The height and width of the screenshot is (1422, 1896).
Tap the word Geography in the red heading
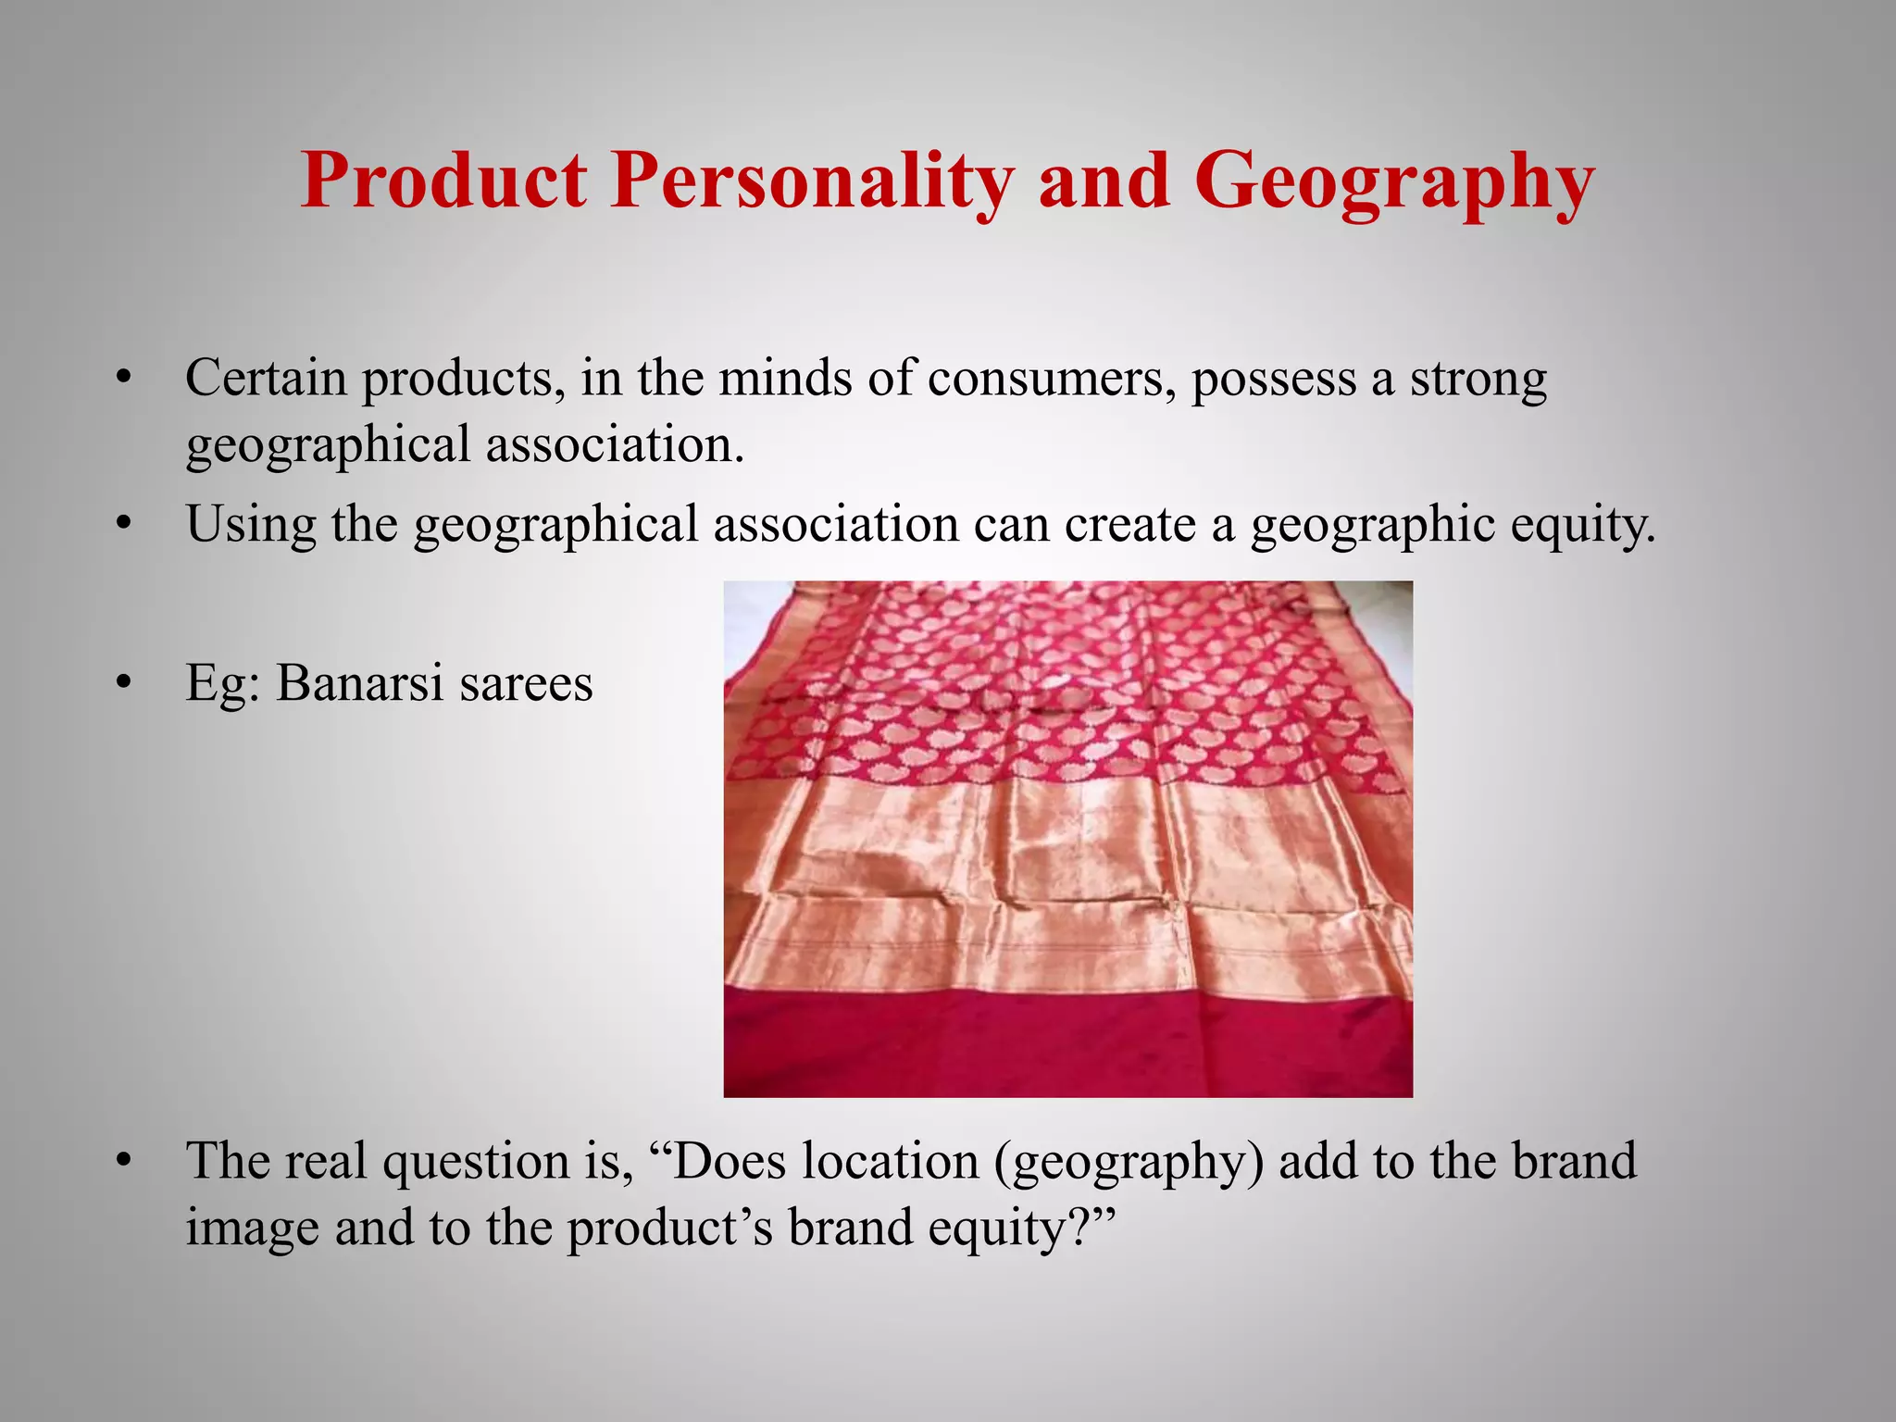click(1394, 181)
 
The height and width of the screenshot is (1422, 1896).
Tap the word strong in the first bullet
click(1478, 380)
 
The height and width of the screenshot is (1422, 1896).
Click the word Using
click(250, 524)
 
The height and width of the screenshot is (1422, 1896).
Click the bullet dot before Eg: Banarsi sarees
click(124, 684)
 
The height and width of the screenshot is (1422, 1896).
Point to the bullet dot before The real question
click(124, 1161)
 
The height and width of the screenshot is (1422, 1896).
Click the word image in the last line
click(252, 1229)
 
